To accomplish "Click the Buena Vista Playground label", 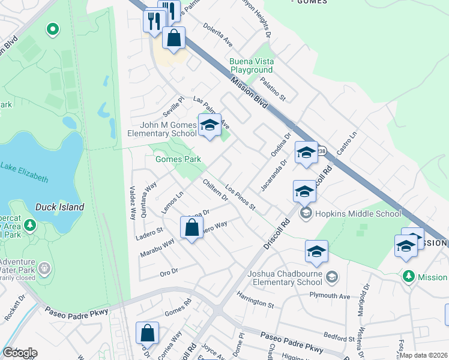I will pyautogui.click(x=252, y=66).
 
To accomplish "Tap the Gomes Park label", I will pyautogui.click(x=178, y=160).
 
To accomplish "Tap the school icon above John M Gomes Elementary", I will pyautogui.click(x=209, y=126).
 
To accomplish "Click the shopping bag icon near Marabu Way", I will pyautogui.click(x=191, y=227).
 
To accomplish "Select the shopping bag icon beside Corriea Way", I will pyautogui.click(x=147, y=334).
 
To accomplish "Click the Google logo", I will pyautogui.click(x=20, y=353).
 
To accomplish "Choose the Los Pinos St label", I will pyautogui.click(x=241, y=199).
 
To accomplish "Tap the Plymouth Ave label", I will pyautogui.click(x=330, y=296).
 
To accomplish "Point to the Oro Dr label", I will pyautogui.click(x=169, y=272).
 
